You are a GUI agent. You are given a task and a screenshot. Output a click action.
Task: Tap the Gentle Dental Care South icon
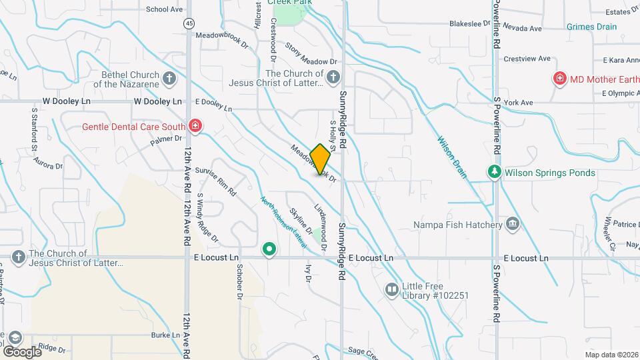click(x=195, y=125)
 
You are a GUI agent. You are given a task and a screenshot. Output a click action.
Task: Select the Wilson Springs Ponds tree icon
click(x=494, y=173)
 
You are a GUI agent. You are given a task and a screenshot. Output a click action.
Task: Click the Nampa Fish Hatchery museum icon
click(x=513, y=224)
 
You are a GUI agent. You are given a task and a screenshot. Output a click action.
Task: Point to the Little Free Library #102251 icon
click(x=391, y=290)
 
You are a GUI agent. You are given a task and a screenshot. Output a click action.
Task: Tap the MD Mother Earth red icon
click(x=560, y=79)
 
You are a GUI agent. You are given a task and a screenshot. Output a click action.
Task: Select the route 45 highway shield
click(x=190, y=23)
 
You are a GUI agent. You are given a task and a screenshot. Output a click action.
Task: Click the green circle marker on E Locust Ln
click(x=269, y=250)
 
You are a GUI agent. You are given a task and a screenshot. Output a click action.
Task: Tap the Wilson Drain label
click(x=452, y=157)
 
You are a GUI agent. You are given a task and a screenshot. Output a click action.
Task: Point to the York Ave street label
click(x=519, y=103)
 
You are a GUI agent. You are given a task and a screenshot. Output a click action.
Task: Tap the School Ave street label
click(x=164, y=9)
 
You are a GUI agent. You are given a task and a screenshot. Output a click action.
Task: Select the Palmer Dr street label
click(x=166, y=140)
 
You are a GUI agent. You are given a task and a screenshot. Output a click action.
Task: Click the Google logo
click(x=22, y=351)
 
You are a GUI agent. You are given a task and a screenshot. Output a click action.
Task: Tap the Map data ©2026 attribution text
click(x=611, y=355)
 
